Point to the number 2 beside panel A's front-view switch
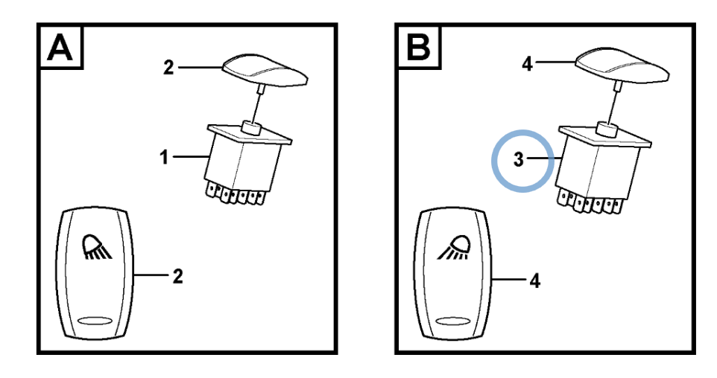(x=177, y=277)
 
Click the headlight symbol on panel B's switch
(x=455, y=249)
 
